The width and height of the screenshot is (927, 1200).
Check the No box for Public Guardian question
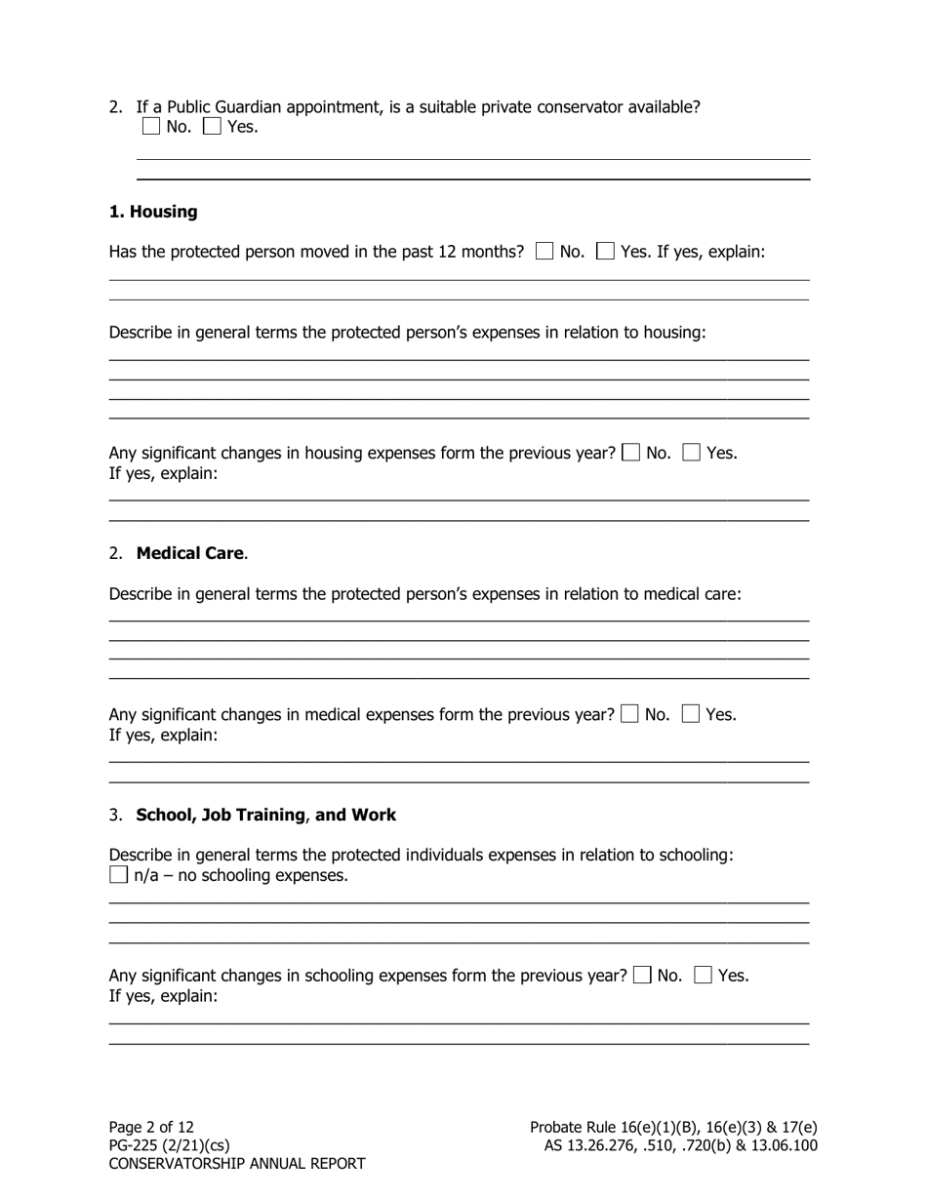(x=150, y=126)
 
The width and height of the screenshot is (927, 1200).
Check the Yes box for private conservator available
(x=212, y=126)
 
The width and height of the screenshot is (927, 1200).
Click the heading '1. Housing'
(x=153, y=212)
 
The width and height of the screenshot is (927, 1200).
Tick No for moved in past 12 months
(x=544, y=252)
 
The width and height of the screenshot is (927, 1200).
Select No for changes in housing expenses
(x=631, y=453)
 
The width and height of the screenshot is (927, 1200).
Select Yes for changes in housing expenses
(x=692, y=453)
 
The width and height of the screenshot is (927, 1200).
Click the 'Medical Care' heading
(x=190, y=553)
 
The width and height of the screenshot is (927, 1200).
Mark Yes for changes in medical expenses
(x=691, y=714)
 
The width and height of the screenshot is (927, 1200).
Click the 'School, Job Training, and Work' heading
(x=265, y=815)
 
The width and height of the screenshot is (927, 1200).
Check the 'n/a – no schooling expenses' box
(x=118, y=875)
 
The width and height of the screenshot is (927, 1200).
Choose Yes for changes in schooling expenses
(x=704, y=976)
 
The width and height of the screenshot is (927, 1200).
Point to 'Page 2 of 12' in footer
(x=151, y=1127)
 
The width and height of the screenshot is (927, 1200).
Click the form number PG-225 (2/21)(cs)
(x=169, y=1145)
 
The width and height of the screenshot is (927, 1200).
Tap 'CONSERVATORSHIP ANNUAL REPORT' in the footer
(x=237, y=1164)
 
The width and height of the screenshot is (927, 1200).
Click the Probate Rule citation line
(x=673, y=1127)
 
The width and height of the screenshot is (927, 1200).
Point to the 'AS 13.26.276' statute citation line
(x=680, y=1145)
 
